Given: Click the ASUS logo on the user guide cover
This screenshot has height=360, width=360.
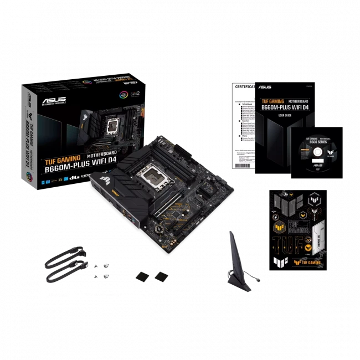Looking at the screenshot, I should coord(265,87).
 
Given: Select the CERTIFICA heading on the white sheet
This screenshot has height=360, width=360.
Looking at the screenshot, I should coord(243,87).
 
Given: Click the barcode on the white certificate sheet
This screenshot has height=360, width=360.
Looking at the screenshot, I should coord(244,164).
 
